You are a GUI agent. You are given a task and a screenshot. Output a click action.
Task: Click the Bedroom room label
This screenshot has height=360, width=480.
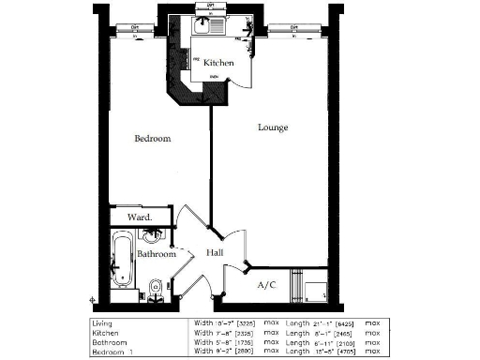click(x=152, y=139)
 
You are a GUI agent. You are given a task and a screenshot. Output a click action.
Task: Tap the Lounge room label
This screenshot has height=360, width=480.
click(x=273, y=127)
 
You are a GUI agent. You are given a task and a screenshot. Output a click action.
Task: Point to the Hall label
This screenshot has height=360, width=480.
click(x=214, y=253)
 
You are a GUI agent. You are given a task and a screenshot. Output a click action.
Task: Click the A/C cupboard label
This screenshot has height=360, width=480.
click(x=267, y=284)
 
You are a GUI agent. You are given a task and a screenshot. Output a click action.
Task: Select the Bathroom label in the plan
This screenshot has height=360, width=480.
click(x=157, y=254)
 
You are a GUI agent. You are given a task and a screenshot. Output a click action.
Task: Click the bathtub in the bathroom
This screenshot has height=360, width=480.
click(x=122, y=265)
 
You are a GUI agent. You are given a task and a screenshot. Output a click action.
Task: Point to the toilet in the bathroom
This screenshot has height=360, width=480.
click(x=156, y=286)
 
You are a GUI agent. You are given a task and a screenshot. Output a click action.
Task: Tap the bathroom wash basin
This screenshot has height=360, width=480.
click(x=157, y=235)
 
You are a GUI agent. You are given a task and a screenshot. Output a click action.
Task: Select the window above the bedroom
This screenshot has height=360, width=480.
click(x=137, y=28)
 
